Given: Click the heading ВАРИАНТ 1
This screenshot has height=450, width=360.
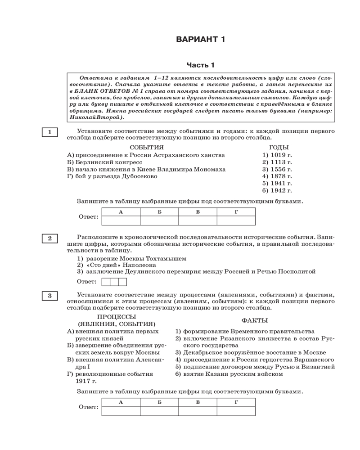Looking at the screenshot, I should tap(200, 40).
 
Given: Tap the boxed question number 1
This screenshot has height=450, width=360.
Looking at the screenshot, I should tap(49, 132).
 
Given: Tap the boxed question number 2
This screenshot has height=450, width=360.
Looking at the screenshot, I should tap(49, 238).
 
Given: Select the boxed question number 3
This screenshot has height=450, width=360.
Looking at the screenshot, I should tap(49, 296).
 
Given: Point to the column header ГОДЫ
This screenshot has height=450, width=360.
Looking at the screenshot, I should tap(279, 148).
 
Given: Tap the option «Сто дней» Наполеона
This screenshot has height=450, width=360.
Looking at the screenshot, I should tap(116, 265).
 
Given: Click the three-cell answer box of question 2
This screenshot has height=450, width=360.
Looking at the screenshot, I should tap(114, 282).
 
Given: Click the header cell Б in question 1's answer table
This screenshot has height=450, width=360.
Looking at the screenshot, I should tap(159, 211).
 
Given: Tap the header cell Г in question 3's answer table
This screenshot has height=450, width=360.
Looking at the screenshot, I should tap(236, 402).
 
